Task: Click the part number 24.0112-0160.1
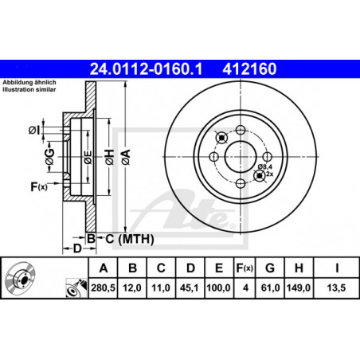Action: point(146,69)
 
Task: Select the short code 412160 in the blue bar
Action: point(249,69)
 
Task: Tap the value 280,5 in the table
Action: point(103,288)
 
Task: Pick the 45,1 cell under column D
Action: point(189,288)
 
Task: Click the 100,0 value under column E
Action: point(218,288)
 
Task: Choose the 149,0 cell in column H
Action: point(299,288)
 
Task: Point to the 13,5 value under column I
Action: point(336,288)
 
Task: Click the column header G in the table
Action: point(270,268)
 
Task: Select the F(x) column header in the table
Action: point(245,268)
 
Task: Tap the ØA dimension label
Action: point(126,157)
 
